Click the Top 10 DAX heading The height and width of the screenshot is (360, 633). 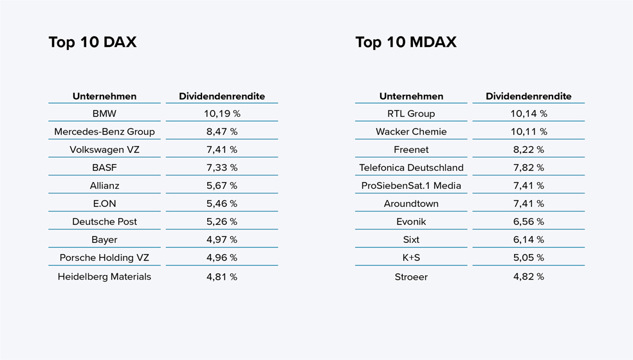tap(93, 42)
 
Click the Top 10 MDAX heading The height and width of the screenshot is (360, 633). tap(405, 42)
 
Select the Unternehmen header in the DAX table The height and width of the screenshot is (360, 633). tap(104, 96)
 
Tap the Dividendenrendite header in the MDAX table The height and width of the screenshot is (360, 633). tap(528, 96)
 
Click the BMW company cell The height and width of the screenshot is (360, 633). tap(104, 114)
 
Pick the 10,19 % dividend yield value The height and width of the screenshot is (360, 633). tap(222, 114)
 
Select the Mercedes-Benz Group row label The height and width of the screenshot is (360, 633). tap(104, 132)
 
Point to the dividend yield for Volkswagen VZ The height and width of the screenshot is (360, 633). tap(222, 150)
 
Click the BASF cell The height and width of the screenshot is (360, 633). tap(104, 168)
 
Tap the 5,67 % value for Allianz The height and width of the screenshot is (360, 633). tap(222, 186)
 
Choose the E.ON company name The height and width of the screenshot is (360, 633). tap(104, 204)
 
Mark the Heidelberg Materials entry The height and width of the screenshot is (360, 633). tap(104, 277)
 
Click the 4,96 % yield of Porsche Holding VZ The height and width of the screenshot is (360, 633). tap(222, 258)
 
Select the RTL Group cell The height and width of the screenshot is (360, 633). tap(411, 114)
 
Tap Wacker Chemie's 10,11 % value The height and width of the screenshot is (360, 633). tap(529, 132)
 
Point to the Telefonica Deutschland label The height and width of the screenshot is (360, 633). tap(411, 168)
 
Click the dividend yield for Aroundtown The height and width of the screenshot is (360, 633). tap(529, 204)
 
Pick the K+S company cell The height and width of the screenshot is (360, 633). tap(411, 258)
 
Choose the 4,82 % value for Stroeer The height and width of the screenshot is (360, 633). tap(529, 277)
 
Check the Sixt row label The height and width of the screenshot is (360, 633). tap(411, 240)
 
